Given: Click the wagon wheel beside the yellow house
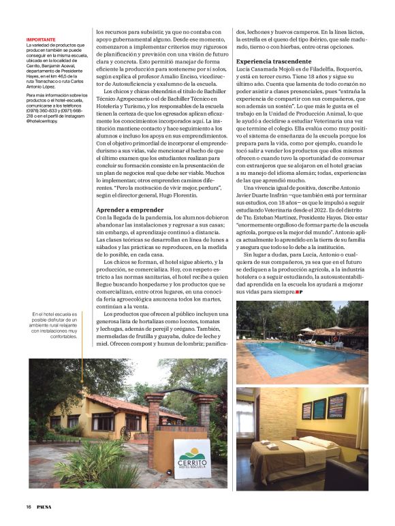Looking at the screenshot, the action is [125, 433].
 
